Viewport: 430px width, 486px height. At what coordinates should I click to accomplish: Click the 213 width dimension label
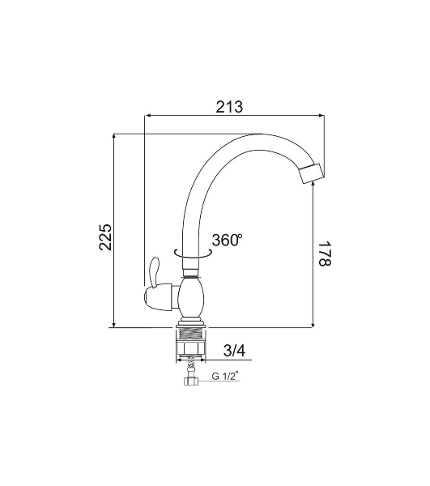click(x=229, y=107)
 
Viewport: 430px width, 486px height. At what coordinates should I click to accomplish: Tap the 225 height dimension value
click(x=105, y=237)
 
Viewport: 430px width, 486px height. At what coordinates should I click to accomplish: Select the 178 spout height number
click(x=325, y=254)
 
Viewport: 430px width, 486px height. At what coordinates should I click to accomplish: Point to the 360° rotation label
click(x=227, y=240)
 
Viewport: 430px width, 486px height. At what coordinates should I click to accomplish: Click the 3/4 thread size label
click(x=234, y=351)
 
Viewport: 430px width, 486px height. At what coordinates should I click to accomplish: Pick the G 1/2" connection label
click(x=226, y=376)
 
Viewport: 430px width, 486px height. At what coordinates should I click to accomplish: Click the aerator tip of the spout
click(x=312, y=173)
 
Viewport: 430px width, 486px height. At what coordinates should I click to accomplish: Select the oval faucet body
click(x=191, y=298)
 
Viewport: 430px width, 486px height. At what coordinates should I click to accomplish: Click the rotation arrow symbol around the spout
click(x=193, y=254)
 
